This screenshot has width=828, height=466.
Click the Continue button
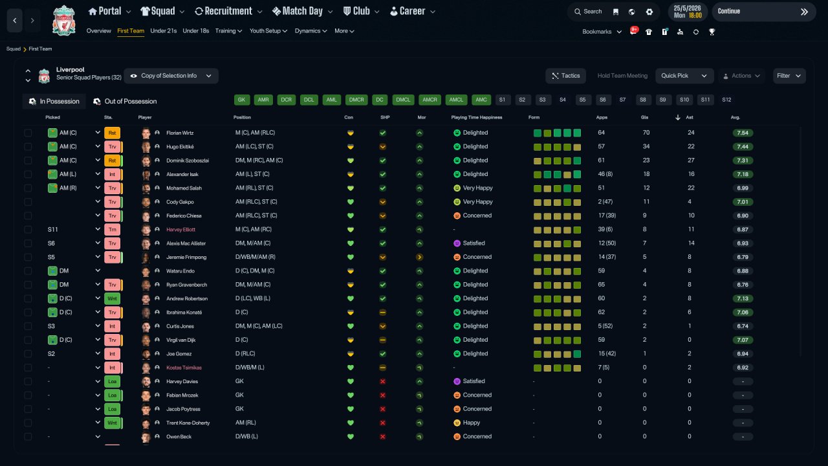764,12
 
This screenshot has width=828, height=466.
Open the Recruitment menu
228,12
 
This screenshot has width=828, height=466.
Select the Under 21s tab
164,31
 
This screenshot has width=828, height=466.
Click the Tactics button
565,76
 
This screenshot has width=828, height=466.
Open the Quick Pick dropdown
684,76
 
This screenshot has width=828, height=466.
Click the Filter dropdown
789,76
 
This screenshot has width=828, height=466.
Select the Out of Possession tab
125,102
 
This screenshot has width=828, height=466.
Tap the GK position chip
242,100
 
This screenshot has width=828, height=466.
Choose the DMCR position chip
356,100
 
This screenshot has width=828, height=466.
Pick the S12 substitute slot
726,100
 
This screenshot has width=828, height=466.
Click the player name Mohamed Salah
184,188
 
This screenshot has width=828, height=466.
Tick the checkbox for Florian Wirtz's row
28,133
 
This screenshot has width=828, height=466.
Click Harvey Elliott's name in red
180,230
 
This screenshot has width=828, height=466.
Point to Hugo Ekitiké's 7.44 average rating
743,147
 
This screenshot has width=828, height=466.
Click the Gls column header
644,118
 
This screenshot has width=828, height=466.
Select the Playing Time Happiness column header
477,118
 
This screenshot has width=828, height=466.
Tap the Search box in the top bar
588,12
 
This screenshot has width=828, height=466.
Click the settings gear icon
649,12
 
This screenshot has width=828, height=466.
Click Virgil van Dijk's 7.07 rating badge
743,340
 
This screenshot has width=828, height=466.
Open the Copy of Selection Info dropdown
171,76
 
